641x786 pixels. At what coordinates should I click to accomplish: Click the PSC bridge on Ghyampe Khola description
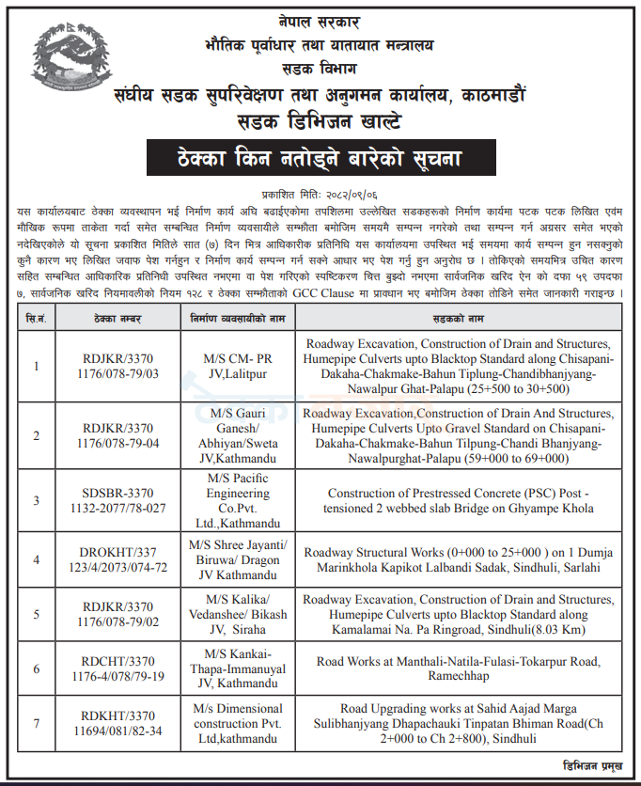pyautogui.click(x=461, y=500)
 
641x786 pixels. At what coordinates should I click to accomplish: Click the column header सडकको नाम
pyautogui.click(x=461, y=317)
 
